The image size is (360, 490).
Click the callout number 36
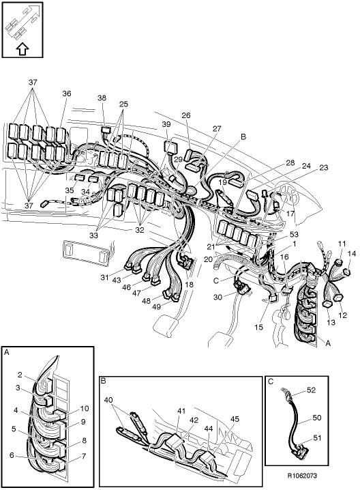(67, 93)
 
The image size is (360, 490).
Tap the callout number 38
(102, 98)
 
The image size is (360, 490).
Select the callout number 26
(186, 115)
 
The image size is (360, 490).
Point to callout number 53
(294, 234)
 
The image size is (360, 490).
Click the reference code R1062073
(302, 476)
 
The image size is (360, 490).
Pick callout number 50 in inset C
(316, 418)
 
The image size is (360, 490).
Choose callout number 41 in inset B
(181, 412)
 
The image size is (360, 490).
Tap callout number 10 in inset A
(85, 408)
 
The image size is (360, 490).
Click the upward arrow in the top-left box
(22, 49)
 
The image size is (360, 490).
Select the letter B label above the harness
(243, 136)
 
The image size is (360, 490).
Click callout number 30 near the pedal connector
(217, 297)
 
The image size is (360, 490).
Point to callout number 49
(156, 306)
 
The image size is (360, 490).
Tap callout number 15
(259, 327)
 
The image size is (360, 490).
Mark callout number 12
(343, 315)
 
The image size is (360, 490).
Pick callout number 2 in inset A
(20, 375)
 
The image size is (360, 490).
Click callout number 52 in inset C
(311, 390)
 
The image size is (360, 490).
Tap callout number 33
(93, 235)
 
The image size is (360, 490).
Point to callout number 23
(324, 168)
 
